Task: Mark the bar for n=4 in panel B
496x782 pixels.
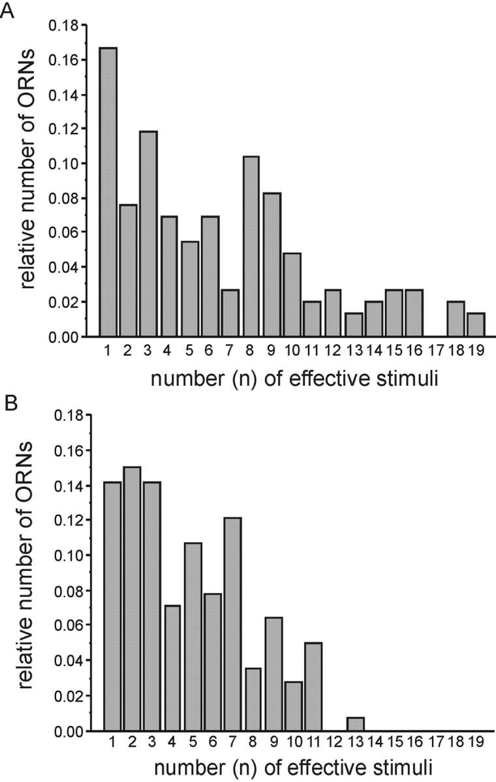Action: (172, 668)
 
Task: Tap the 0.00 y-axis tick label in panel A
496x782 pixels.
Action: (64, 337)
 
